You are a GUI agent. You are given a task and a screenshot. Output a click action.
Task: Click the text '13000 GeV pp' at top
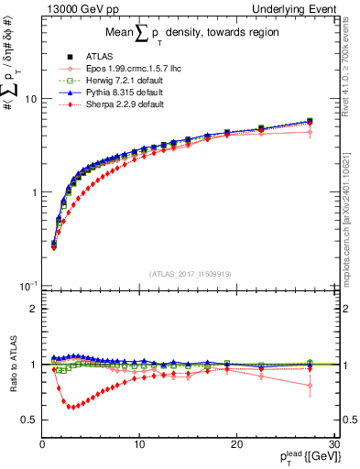[74, 8]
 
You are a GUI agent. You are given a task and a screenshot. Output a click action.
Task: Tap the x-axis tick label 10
[138, 444]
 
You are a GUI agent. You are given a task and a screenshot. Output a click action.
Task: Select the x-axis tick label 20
[235, 444]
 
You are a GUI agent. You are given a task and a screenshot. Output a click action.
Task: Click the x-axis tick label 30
[333, 444]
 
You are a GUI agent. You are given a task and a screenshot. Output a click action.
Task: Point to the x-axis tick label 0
[42, 444]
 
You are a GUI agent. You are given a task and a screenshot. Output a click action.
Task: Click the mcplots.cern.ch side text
[351, 211]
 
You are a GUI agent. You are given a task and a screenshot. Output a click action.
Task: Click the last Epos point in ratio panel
[310, 386]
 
